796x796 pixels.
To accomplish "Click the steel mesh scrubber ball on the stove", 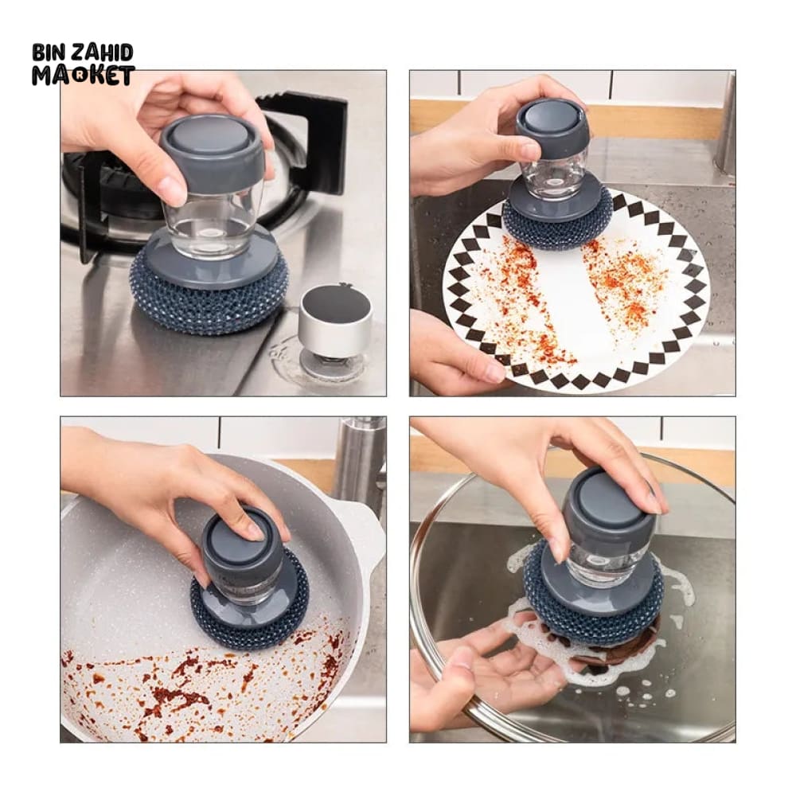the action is click(207, 299).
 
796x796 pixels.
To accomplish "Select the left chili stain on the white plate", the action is click(528, 305).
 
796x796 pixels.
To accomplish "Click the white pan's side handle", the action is click(368, 538).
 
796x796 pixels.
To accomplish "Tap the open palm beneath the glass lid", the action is click(502, 670).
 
